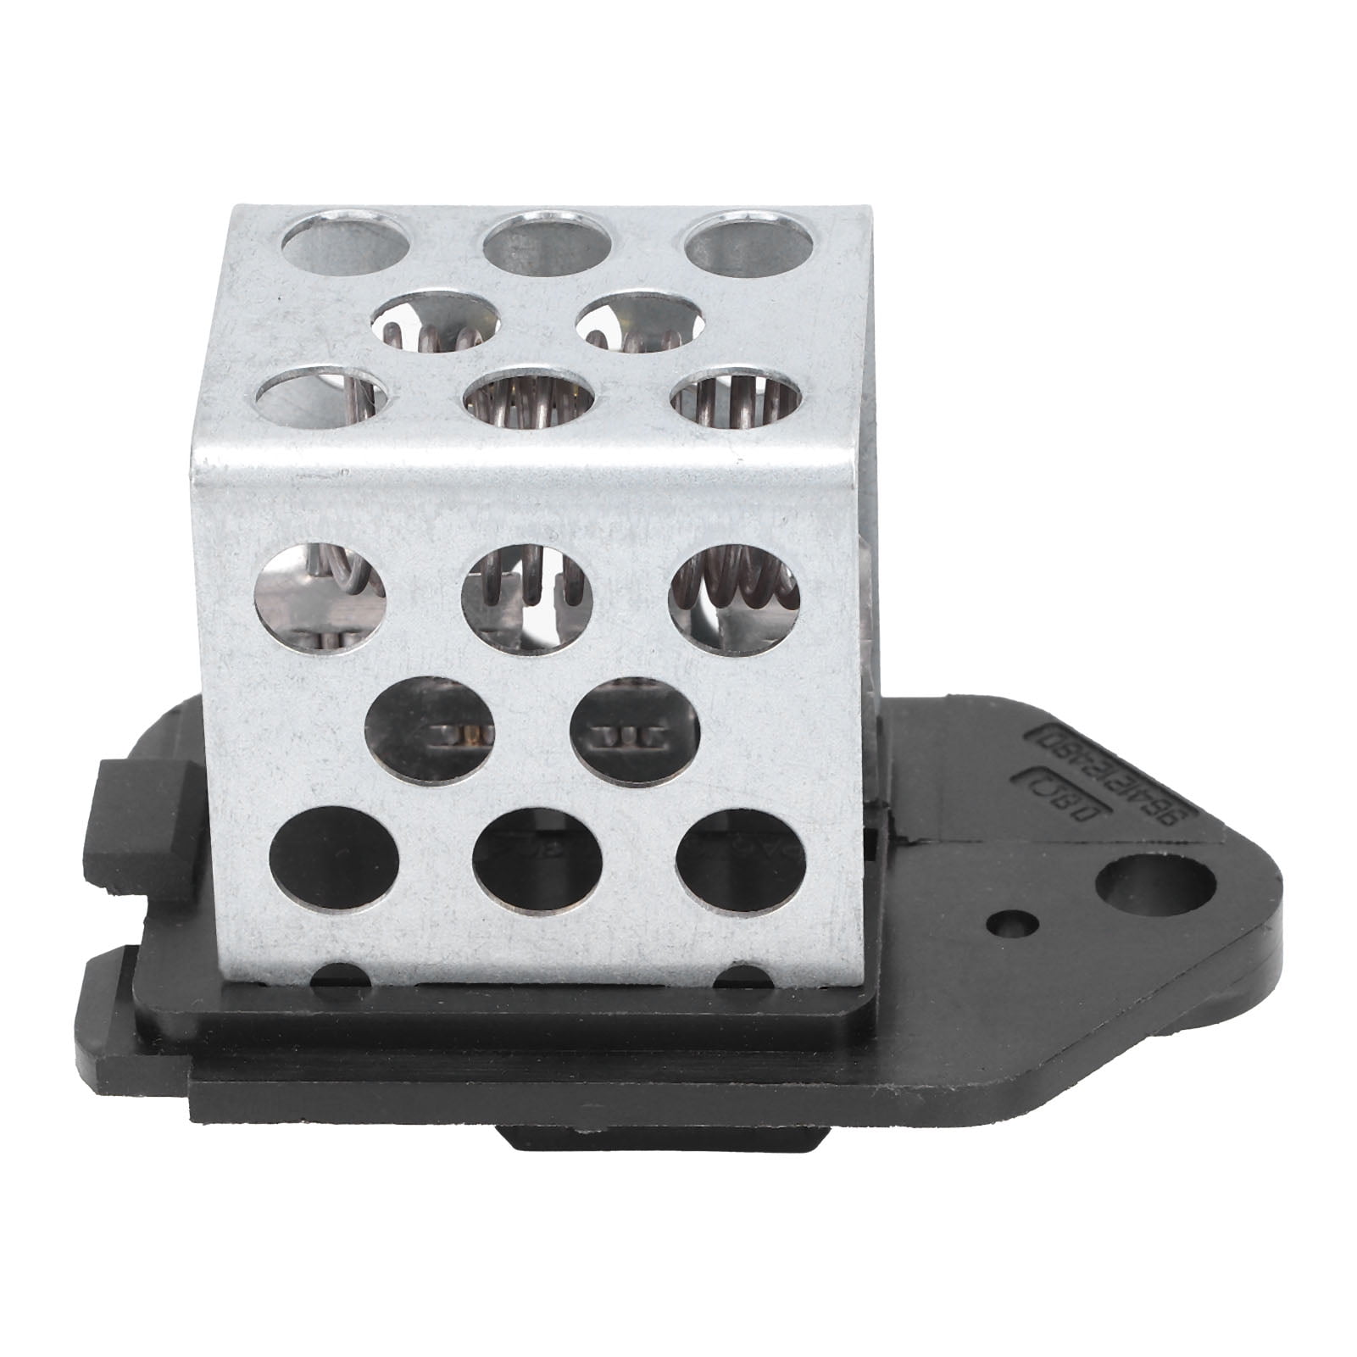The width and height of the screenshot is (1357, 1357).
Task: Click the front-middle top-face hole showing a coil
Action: (x=528, y=397)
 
